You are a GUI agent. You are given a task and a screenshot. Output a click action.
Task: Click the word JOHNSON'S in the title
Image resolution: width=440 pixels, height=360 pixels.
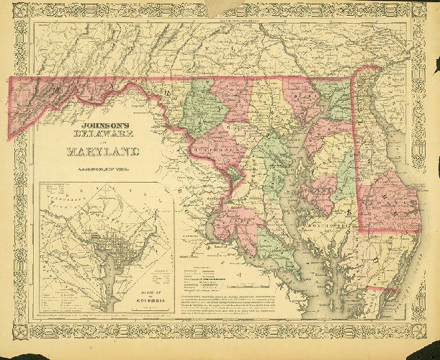click(x=101, y=123)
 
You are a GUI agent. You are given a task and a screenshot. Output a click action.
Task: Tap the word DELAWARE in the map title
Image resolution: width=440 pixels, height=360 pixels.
click(x=101, y=135)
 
